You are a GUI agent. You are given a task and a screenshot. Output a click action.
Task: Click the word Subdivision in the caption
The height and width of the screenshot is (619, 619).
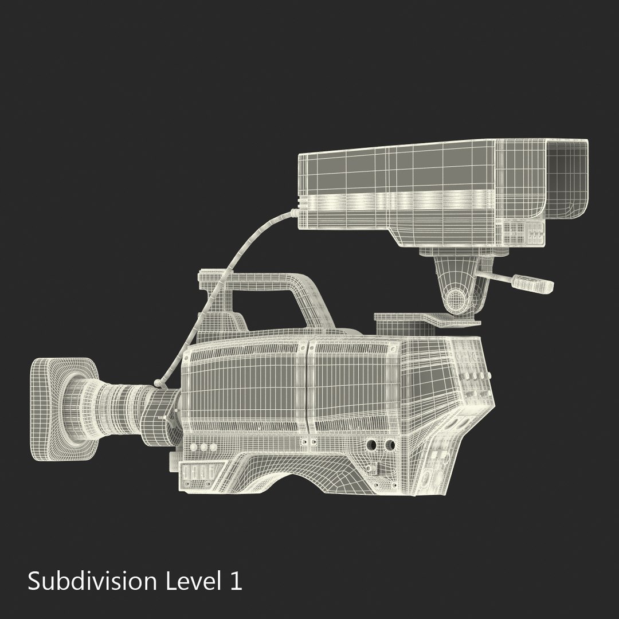pyautogui.click(x=92, y=582)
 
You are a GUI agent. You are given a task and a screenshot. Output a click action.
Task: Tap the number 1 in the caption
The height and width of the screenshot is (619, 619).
pyautogui.click(x=236, y=581)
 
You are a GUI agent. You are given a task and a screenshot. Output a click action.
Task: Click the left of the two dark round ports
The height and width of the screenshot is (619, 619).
pyautogui.click(x=371, y=445)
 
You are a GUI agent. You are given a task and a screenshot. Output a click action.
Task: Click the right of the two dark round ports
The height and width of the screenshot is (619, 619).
pyautogui.click(x=390, y=445)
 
